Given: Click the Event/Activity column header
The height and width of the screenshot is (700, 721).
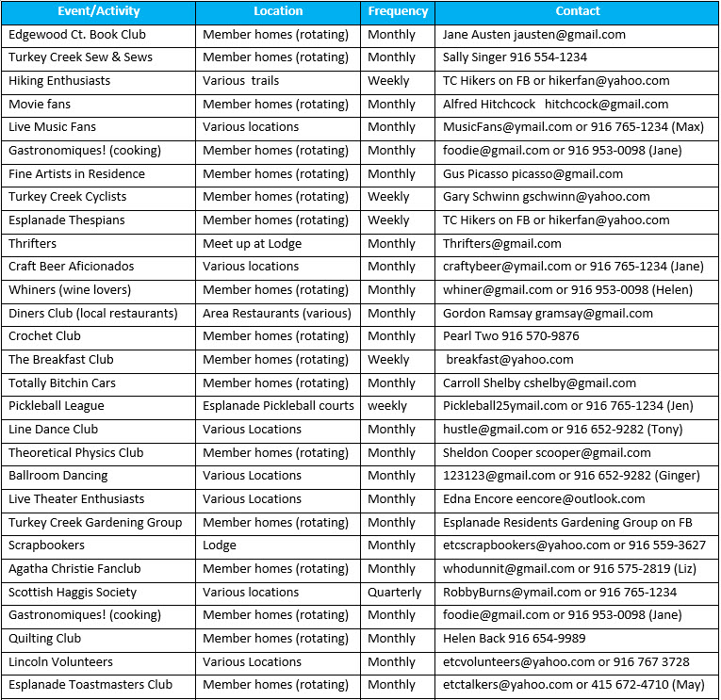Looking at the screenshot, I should coord(98,11).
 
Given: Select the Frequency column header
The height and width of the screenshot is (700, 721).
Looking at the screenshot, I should coord(398,11).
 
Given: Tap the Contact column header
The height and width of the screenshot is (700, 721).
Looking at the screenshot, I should coord(578,11).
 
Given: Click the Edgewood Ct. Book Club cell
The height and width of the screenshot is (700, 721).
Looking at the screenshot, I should coord(77,34).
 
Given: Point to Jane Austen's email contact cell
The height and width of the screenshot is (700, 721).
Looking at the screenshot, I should coord(533,34).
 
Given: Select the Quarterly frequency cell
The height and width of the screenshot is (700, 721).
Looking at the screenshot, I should coord(395,593).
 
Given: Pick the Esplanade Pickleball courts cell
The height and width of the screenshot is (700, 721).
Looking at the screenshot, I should coord(278,406).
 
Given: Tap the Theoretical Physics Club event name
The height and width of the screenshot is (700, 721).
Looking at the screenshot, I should coord(75,452).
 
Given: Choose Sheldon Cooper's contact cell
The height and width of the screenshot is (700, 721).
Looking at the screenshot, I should coord(547,452).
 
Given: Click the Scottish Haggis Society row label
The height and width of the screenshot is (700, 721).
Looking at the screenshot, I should coord(73,593).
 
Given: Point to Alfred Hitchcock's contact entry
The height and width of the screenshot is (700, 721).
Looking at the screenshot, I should coord(555,104).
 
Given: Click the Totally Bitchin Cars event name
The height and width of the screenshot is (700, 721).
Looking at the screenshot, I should coord(62,383).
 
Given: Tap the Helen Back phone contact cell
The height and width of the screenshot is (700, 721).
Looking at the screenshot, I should coord(515,639).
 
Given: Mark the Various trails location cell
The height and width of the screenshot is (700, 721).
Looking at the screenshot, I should coord(240,81).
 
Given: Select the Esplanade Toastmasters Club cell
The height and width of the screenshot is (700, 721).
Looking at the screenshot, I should coord(90,685).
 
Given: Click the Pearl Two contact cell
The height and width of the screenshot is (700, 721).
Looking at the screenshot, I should coord(511,336).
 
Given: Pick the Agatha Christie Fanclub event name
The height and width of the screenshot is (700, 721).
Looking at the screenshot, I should coord(74,569).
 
